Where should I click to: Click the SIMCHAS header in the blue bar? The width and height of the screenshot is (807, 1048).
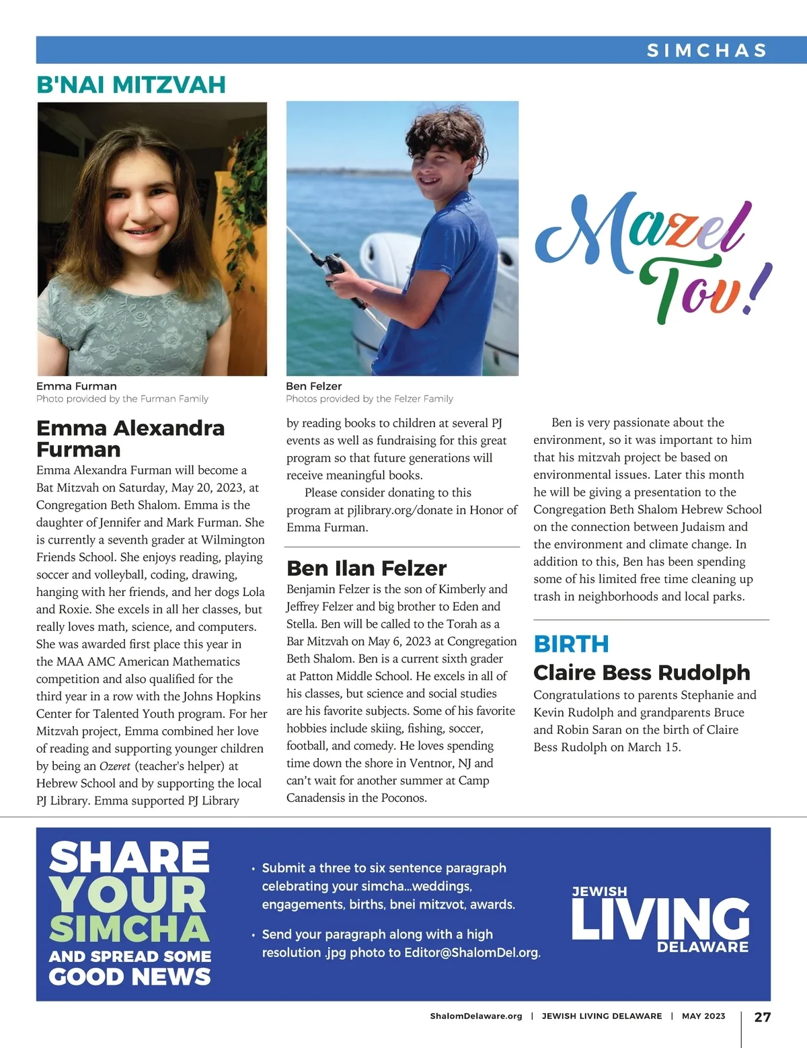point(706,50)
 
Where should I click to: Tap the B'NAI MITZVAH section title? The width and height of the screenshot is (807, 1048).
point(131,85)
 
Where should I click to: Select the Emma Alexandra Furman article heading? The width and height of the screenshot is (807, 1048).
point(130,439)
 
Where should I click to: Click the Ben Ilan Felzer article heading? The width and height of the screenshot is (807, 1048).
point(367,568)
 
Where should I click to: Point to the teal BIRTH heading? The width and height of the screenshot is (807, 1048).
point(571,644)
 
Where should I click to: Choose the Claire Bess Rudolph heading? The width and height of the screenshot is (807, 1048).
point(642,672)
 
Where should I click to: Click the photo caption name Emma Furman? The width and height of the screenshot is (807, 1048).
point(77,386)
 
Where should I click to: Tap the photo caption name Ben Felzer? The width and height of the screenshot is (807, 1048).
point(313,386)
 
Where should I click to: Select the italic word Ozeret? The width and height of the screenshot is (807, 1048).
point(114,766)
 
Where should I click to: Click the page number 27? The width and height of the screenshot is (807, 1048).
point(762,1017)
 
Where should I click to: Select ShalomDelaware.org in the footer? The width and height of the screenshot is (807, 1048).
point(476,1016)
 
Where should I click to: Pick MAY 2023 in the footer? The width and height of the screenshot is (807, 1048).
point(703,1016)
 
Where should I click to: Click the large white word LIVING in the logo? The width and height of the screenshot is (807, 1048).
point(660,918)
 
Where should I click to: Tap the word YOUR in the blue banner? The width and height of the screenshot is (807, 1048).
point(128,895)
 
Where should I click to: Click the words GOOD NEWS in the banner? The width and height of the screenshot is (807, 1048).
point(130,977)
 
